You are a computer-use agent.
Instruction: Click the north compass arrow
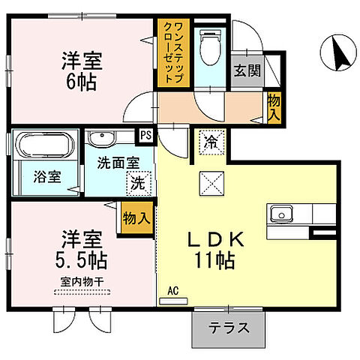[336, 52]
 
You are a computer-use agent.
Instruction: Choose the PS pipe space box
[145, 136]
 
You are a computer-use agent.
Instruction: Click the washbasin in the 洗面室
[100, 139]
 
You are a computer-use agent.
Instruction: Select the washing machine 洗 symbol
[139, 181]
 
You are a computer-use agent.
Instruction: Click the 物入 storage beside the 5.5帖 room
[138, 219]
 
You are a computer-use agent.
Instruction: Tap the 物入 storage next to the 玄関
[274, 108]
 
